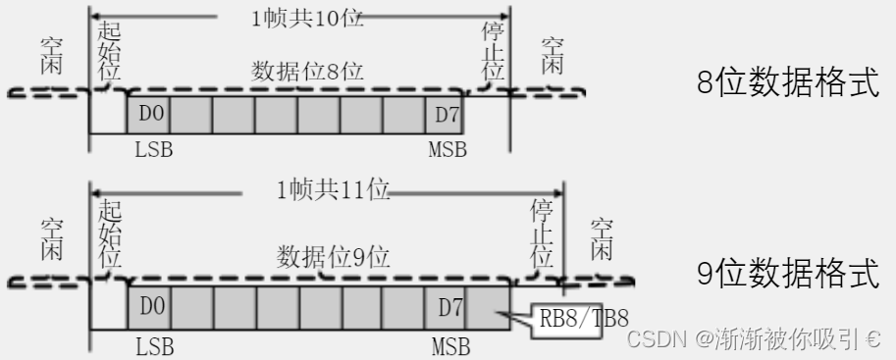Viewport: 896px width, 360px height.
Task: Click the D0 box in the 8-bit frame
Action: click(x=148, y=116)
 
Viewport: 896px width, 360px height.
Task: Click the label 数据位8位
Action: click(x=308, y=72)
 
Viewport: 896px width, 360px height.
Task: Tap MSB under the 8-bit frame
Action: click(x=448, y=150)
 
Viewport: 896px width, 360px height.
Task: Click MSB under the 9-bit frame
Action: click(x=450, y=345)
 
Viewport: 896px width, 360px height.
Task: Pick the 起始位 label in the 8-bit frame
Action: click(x=110, y=47)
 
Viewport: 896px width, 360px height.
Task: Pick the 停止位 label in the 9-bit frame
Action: click(x=541, y=236)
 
